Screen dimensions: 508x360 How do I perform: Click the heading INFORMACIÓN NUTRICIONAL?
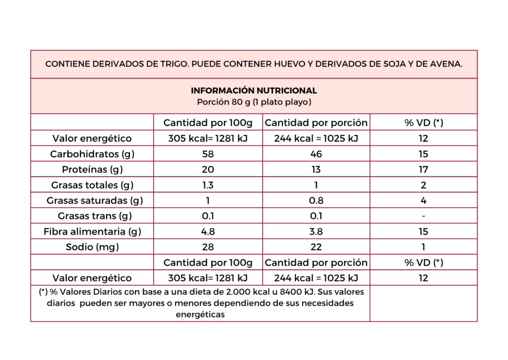[254, 91]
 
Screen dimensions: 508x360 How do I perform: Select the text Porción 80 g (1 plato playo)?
[254, 102]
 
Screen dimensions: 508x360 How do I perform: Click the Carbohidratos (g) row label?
[92, 154]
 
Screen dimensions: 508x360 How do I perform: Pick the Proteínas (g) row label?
[92, 170]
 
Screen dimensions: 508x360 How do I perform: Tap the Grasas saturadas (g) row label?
[95, 201]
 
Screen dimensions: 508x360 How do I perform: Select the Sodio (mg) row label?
[92, 247]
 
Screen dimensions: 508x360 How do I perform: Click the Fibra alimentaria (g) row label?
[92, 232]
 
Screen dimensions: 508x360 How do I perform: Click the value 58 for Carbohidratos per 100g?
[208, 154]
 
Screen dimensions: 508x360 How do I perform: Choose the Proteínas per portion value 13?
[316, 170]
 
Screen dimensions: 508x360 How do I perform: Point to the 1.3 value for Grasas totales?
[208, 185]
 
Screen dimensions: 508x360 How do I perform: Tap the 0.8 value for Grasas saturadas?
[316, 201]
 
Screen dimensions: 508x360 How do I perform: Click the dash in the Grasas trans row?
[424, 216]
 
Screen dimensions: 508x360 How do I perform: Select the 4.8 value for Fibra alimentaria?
[208, 232]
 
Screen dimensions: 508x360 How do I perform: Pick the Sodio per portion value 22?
[316, 247]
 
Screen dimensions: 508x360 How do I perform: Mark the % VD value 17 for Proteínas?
[424, 170]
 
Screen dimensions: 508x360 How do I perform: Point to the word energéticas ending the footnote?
[200, 315]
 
